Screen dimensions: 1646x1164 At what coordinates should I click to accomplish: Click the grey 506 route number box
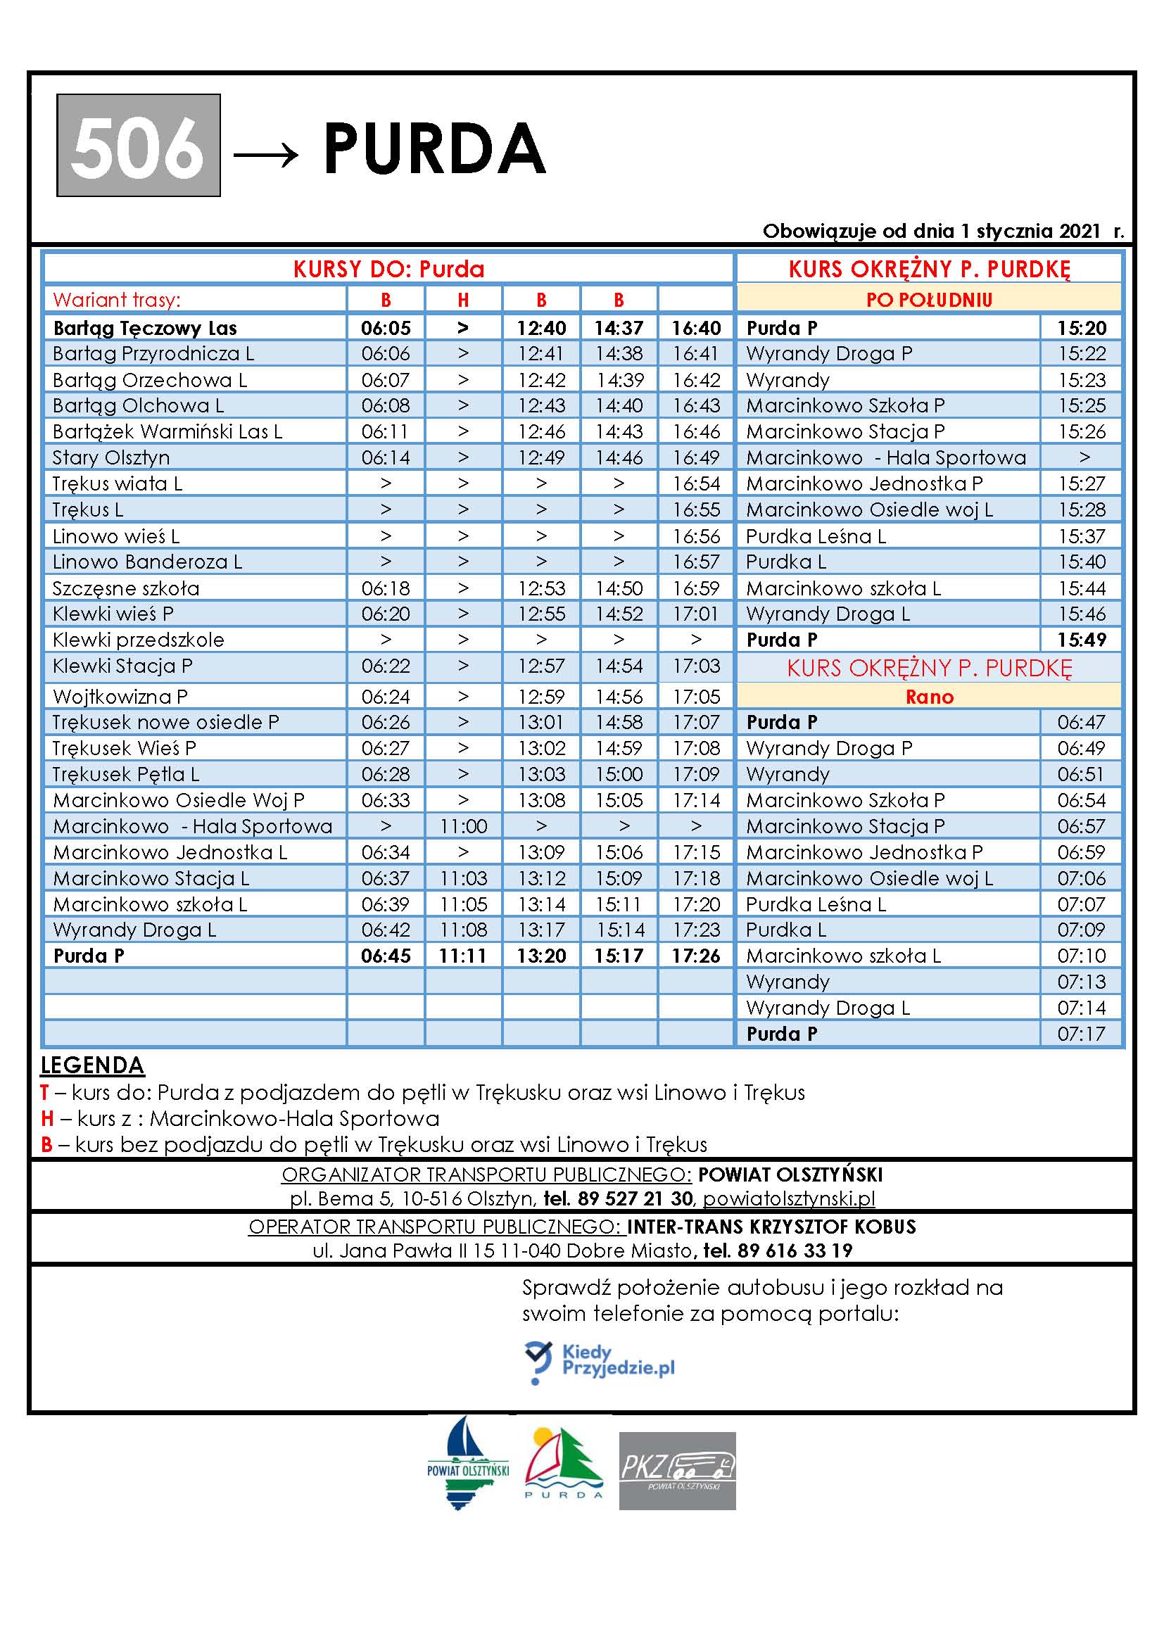(139, 146)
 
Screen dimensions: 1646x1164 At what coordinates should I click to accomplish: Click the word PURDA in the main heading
(434, 148)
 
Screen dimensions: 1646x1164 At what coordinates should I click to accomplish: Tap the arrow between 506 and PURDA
(266, 153)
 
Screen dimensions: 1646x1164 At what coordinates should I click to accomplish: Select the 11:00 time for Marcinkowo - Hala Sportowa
(463, 827)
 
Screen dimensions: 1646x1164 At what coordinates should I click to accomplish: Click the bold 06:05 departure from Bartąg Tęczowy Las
(386, 329)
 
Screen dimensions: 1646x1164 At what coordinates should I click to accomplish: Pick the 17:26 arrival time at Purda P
(695, 956)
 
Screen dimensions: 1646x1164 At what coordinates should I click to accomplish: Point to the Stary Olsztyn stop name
(111, 457)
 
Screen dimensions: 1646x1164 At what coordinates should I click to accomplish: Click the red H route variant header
(463, 300)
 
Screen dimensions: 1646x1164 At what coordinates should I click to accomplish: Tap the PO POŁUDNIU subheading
(929, 300)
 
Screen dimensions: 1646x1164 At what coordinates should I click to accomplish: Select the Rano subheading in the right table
(929, 697)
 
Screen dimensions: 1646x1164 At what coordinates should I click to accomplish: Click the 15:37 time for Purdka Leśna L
(1082, 536)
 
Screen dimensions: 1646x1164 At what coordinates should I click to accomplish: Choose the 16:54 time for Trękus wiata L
(695, 484)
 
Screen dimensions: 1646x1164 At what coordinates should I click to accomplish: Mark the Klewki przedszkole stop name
(139, 640)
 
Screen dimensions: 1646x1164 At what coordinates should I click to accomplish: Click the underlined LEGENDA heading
(92, 1065)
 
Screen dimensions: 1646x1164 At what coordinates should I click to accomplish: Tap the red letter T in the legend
(44, 1093)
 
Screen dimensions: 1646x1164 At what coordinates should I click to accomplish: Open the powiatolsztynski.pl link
(788, 1198)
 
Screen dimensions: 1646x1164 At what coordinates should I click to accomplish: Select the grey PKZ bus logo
(676, 1471)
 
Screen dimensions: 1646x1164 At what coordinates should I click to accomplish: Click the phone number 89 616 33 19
(794, 1251)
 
